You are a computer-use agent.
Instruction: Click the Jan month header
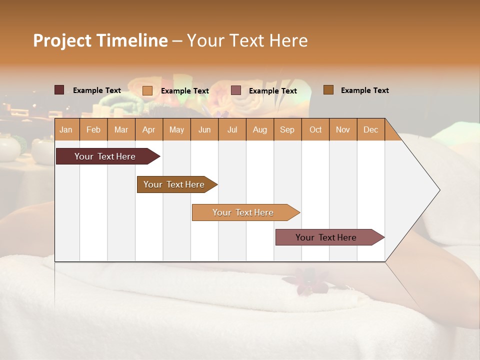pyautogui.click(x=66, y=129)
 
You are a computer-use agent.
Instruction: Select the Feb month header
pyautogui.click(x=93, y=129)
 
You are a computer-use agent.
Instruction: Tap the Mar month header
pyautogui.click(x=121, y=129)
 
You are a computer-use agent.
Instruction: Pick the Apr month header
pyautogui.click(x=149, y=129)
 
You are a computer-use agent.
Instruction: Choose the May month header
pyautogui.click(x=176, y=129)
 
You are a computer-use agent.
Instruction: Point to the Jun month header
pyautogui.click(x=204, y=129)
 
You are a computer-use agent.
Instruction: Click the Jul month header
pyautogui.click(x=232, y=129)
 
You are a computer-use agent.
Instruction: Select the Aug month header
pyautogui.click(x=260, y=129)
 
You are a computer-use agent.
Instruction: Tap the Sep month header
pyautogui.click(x=287, y=129)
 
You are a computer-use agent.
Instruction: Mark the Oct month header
pyautogui.click(x=315, y=129)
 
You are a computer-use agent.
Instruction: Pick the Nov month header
pyautogui.click(x=343, y=129)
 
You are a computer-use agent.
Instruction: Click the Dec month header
pyautogui.click(x=371, y=129)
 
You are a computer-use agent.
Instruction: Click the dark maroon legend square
pyautogui.click(x=59, y=90)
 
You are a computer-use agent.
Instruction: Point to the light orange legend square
pyautogui.click(x=147, y=90)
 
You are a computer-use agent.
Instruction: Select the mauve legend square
pyautogui.click(x=236, y=90)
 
